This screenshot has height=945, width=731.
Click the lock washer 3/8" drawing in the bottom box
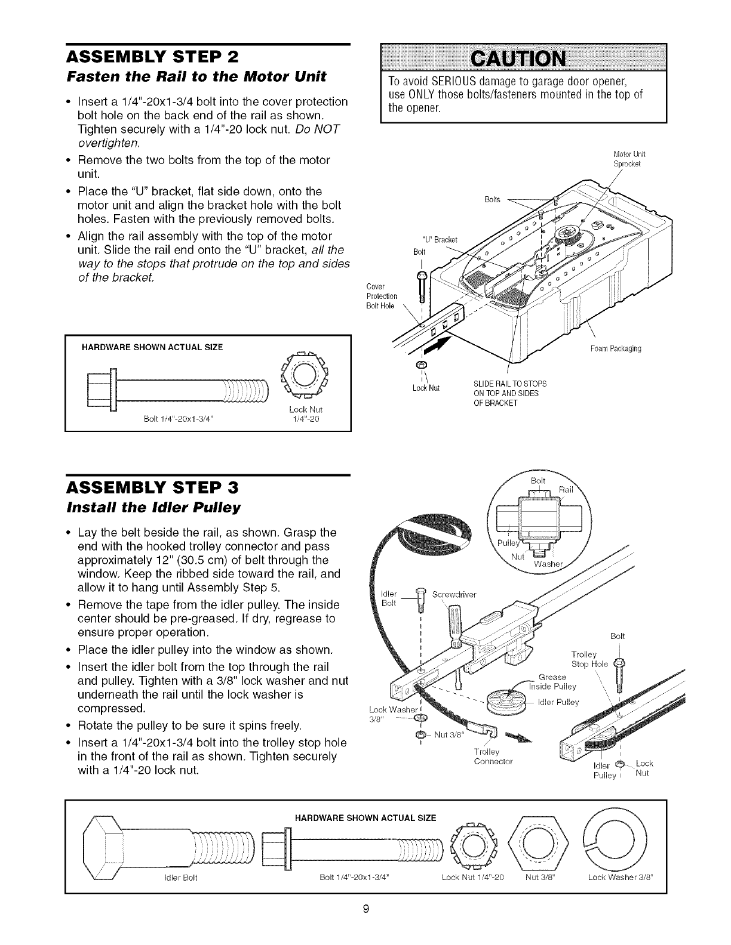tap(620, 842)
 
